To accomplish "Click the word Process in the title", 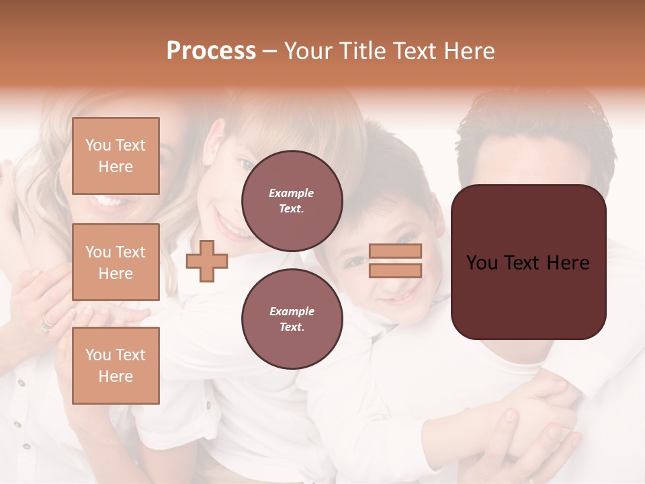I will click(211, 51).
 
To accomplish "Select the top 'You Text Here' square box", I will click(116, 156).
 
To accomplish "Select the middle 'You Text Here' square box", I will click(116, 262).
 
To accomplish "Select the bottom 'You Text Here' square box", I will click(116, 366).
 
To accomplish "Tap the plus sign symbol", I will click(207, 261).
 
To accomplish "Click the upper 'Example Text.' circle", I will click(292, 201).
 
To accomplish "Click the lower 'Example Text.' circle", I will click(292, 319).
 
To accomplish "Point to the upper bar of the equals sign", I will click(395, 251).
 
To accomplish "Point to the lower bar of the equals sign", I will click(395, 270).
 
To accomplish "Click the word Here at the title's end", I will click(470, 51).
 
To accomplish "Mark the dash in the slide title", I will click(270, 52).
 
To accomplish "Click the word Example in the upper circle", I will click(292, 193).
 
